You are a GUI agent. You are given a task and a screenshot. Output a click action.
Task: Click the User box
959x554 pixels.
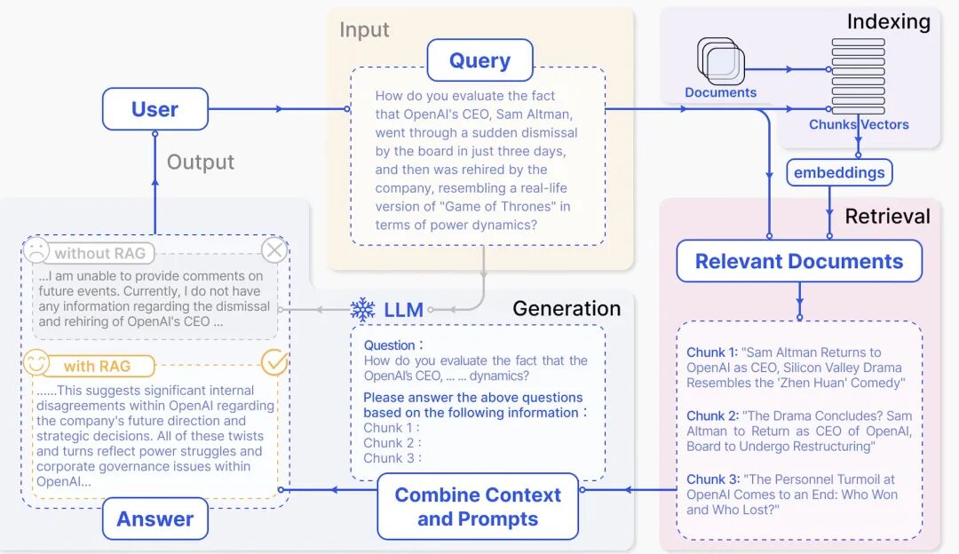coord(155,109)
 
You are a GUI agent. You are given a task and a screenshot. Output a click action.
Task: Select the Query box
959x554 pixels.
coord(479,61)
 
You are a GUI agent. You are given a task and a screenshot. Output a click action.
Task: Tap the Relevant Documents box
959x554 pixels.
coord(798,261)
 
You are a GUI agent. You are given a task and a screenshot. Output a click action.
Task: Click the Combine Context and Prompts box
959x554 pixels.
coord(478,507)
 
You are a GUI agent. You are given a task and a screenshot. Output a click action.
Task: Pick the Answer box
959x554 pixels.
coord(155,518)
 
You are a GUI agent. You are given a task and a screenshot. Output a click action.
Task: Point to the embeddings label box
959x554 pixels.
coord(839,172)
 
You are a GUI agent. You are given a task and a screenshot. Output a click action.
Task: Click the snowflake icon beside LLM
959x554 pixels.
coord(362,310)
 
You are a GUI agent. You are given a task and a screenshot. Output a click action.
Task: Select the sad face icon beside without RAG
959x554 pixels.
coord(36,251)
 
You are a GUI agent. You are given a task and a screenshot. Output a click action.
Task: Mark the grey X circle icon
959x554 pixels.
coord(274,251)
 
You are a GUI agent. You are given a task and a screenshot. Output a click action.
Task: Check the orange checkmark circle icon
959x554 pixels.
coord(274,362)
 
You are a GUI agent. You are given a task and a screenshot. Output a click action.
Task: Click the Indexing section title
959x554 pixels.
coord(888,21)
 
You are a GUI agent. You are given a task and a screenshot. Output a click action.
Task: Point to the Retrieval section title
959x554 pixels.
coord(887,216)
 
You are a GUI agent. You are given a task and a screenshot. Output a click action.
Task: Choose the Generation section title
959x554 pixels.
coord(567,309)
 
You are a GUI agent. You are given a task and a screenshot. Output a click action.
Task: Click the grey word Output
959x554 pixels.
coord(201,162)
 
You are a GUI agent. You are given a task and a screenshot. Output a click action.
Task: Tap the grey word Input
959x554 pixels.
coord(364,29)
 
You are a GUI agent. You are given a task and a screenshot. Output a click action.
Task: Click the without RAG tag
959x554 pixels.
coord(99,253)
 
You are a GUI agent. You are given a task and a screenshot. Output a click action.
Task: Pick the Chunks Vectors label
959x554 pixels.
coord(859,124)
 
